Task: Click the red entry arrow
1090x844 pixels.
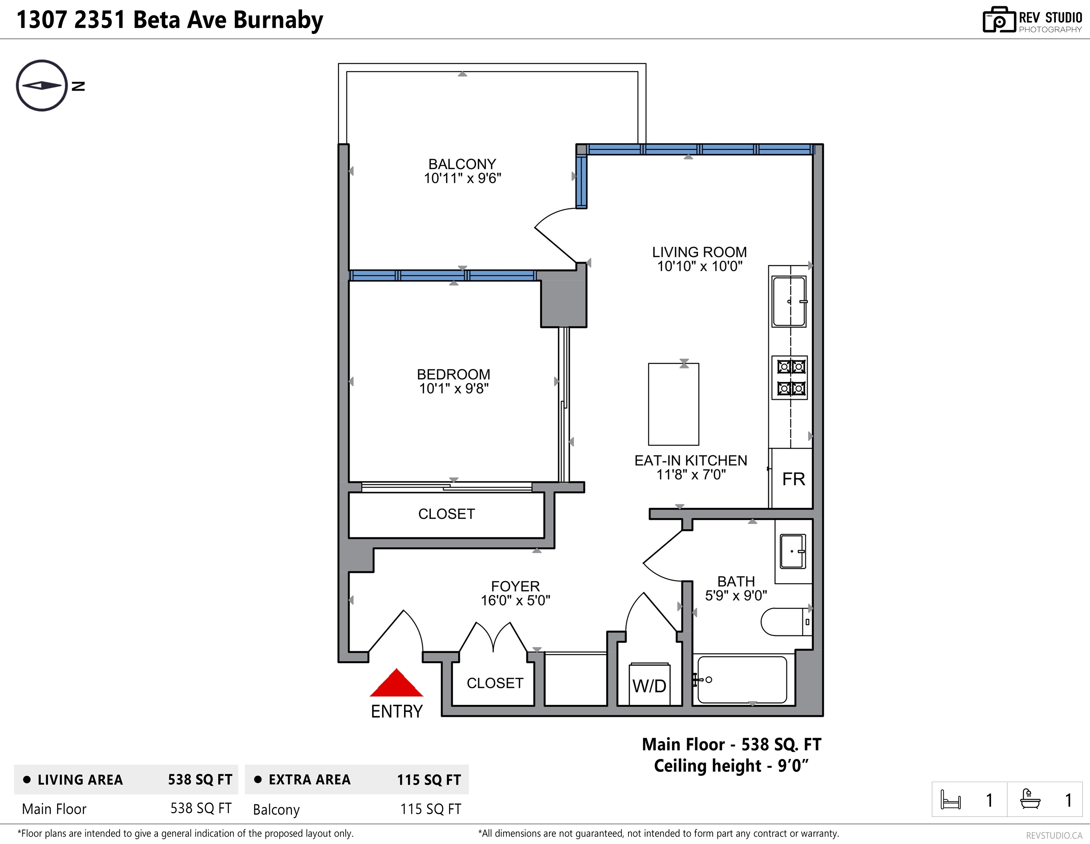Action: click(x=396, y=683)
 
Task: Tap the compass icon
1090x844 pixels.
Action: click(x=42, y=85)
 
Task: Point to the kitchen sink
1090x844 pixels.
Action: click(x=789, y=301)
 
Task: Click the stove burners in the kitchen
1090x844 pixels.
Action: click(x=790, y=377)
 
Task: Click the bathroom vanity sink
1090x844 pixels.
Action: click(x=793, y=552)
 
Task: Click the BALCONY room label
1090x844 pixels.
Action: click(x=462, y=164)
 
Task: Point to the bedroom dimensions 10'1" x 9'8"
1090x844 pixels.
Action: click(x=454, y=388)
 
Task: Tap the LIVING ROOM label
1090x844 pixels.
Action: click(x=700, y=252)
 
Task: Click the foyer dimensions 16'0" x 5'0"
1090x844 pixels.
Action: click(x=516, y=600)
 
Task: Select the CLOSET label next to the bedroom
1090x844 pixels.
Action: click(x=447, y=514)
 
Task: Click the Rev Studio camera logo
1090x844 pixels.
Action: click(x=999, y=20)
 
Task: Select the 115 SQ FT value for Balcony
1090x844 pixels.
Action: click(x=431, y=809)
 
